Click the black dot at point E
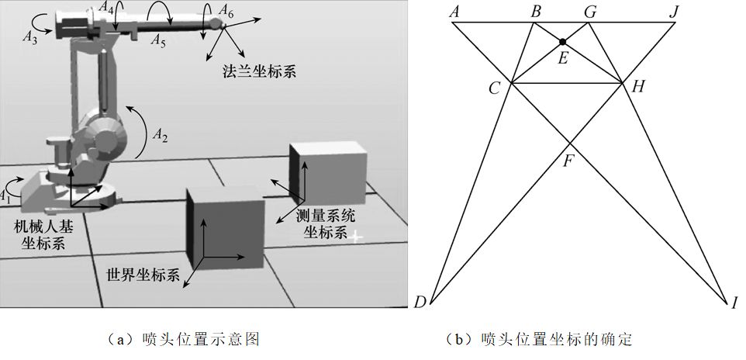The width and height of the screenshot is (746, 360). click(562, 40)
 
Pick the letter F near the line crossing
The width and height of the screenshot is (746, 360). click(569, 162)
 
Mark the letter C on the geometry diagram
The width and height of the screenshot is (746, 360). click(494, 88)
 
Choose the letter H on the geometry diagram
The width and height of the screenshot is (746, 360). click(637, 86)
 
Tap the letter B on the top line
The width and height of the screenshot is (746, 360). click(536, 12)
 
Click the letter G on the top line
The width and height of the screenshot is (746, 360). click(590, 12)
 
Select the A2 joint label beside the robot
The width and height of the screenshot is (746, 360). click(160, 134)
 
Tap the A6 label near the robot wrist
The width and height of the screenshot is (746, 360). click(226, 11)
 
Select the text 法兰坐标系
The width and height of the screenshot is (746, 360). click(260, 71)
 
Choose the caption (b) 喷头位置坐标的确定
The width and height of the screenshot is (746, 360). click(540, 339)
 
